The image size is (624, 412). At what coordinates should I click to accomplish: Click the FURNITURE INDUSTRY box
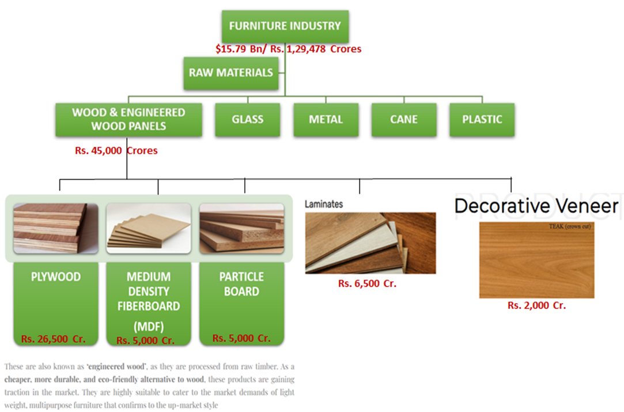coord(285,26)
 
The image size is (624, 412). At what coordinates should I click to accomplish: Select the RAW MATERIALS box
coord(230,73)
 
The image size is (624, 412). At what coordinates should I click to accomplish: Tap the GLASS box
coord(247,120)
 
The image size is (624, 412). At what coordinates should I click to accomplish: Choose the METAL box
coord(326,120)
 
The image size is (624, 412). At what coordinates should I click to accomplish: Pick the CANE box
coord(404,120)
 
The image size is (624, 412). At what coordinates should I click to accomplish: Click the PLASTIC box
coord(482,120)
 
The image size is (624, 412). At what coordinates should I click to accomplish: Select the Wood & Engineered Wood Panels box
coord(128,119)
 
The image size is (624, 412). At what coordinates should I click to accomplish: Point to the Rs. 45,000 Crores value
coord(116,151)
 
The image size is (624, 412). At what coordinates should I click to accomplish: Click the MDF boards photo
coord(149,228)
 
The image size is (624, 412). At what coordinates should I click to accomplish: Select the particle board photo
coord(241,228)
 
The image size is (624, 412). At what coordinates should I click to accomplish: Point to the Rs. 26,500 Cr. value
coord(53,339)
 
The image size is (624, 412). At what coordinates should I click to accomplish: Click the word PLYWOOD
coord(56,277)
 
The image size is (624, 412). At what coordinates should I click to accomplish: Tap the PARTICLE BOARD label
coord(241,284)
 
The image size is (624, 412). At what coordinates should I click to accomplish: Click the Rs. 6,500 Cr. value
coord(367,283)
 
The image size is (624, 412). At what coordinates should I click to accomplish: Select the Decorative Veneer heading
coord(536,206)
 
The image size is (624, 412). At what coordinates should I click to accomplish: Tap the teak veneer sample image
coord(536,260)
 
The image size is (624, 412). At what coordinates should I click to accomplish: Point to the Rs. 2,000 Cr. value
coord(536,305)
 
